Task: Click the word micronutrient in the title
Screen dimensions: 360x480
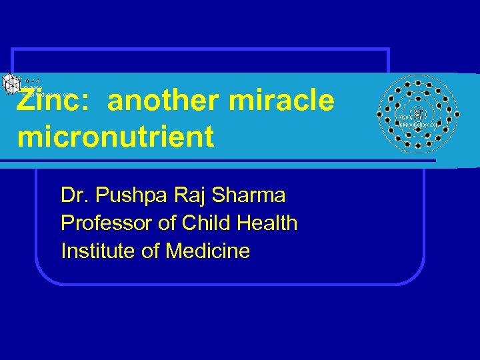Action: [x=116, y=137]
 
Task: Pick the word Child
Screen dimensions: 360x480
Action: [x=202, y=223]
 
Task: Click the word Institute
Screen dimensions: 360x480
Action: [x=97, y=251]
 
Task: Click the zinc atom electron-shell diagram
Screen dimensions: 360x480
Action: [x=417, y=113]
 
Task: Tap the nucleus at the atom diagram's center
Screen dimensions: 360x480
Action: [x=418, y=114]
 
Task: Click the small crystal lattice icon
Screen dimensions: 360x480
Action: [x=12, y=84]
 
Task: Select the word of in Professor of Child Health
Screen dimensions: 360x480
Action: [x=163, y=223]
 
